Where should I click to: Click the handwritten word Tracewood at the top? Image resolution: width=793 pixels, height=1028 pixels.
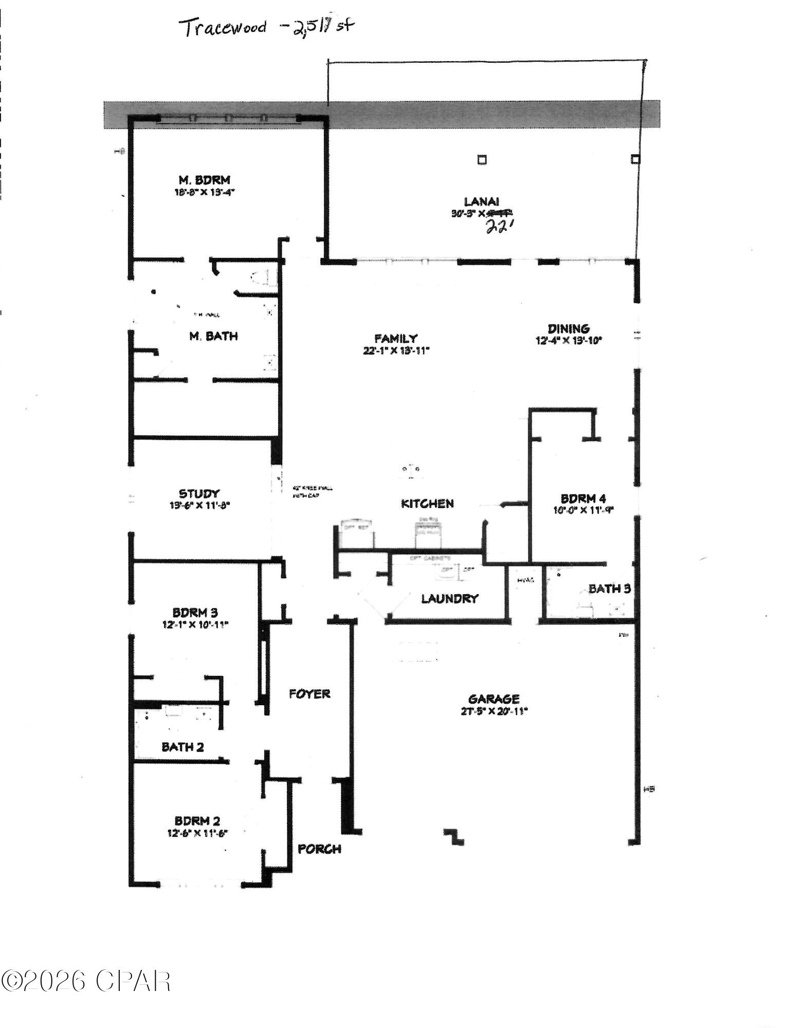pos(225,28)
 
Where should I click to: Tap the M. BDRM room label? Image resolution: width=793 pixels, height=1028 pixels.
pos(204,180)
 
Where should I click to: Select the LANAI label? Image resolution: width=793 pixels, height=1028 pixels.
pos(482,202)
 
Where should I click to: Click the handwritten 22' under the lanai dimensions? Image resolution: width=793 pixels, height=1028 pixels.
pos(497,227)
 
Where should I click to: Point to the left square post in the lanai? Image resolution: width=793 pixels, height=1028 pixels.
pos(482,160)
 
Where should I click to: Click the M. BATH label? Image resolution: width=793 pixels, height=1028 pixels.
pos(213,336)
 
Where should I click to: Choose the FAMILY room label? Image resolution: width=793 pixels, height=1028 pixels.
pos(396,338)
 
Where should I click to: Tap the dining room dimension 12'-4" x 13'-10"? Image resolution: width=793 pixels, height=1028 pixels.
pos(568,340)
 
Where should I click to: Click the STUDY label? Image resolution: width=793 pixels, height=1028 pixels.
pos(199,494)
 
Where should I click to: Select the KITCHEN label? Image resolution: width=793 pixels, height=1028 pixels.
pos(427,504)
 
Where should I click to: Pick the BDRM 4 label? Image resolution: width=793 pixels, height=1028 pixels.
pos(583,499)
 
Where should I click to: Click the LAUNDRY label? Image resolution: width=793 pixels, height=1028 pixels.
pos(450,598)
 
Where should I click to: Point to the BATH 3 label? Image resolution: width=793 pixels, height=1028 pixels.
pos(610,589)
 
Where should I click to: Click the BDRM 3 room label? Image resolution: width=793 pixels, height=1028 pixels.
pos(195,613)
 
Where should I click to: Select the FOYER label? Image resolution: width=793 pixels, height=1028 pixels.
pos(309,694)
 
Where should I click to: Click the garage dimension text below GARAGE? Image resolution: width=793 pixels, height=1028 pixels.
pos(494,711)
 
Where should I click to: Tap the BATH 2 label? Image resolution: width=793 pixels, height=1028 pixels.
pos(182,747)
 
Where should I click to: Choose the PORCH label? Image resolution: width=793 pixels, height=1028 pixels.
pos(320,849)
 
